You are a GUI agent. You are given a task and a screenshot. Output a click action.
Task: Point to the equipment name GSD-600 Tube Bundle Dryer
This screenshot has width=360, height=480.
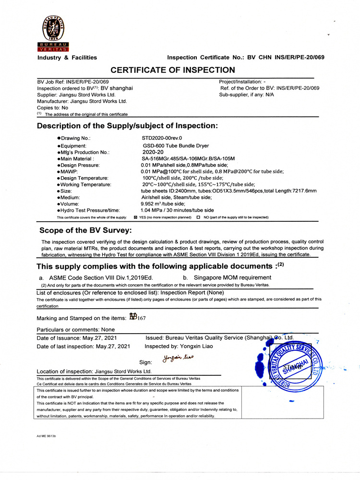tap(176, 145)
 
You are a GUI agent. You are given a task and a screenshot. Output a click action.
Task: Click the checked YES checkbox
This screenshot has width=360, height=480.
tap(135, 217)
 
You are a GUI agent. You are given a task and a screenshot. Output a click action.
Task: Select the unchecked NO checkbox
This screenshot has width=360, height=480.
tap(198, 217)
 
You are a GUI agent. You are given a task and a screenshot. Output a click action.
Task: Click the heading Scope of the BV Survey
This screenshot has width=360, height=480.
tap(85, 230)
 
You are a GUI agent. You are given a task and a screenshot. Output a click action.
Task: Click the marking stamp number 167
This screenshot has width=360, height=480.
tap(142, 318)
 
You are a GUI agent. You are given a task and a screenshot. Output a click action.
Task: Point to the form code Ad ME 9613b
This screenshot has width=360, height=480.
tap(47, 436)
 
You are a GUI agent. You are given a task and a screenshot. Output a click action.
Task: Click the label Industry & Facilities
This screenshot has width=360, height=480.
tap(67, 58)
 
